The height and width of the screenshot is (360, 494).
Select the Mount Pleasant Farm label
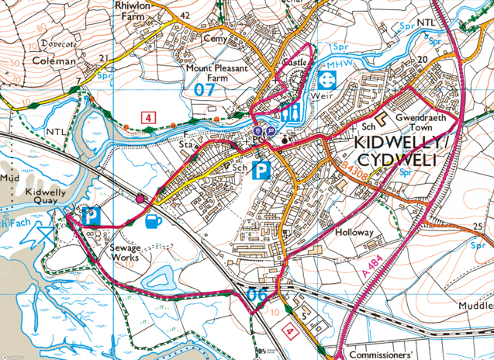coord(216,73)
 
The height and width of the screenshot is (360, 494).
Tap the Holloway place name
coord(354,232)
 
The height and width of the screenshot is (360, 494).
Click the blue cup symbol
coord(154,220)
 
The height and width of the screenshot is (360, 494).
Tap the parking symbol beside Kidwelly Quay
coord(92,216)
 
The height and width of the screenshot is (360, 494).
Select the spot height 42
coord(184,15)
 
